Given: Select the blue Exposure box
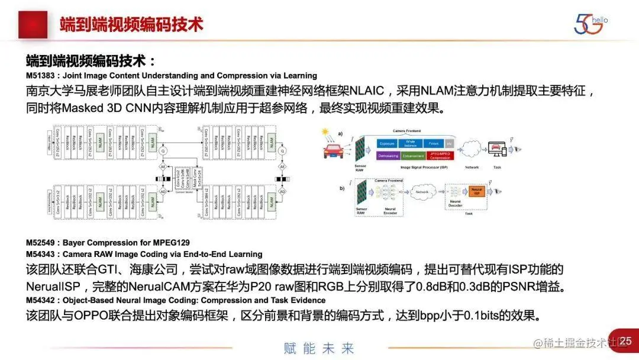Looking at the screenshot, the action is pos(387,143).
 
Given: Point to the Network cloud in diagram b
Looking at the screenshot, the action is pos(421,192).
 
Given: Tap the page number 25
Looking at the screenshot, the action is pos(625,341).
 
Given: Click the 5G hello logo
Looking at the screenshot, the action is pos(589,24).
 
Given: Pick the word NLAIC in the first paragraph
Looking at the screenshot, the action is pos(367,92).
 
